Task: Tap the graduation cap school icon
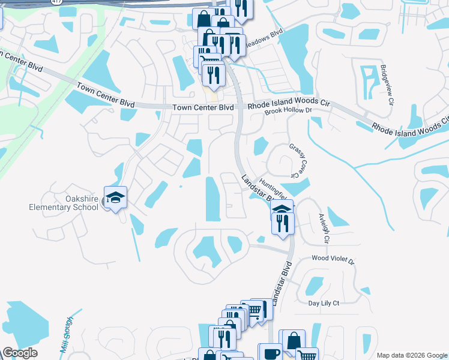[115, 197]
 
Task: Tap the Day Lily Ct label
[324, 304]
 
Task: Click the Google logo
[20, 353]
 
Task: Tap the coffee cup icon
[270, 353]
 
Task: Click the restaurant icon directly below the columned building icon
[282, 223]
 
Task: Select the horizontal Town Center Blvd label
[202, 107]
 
